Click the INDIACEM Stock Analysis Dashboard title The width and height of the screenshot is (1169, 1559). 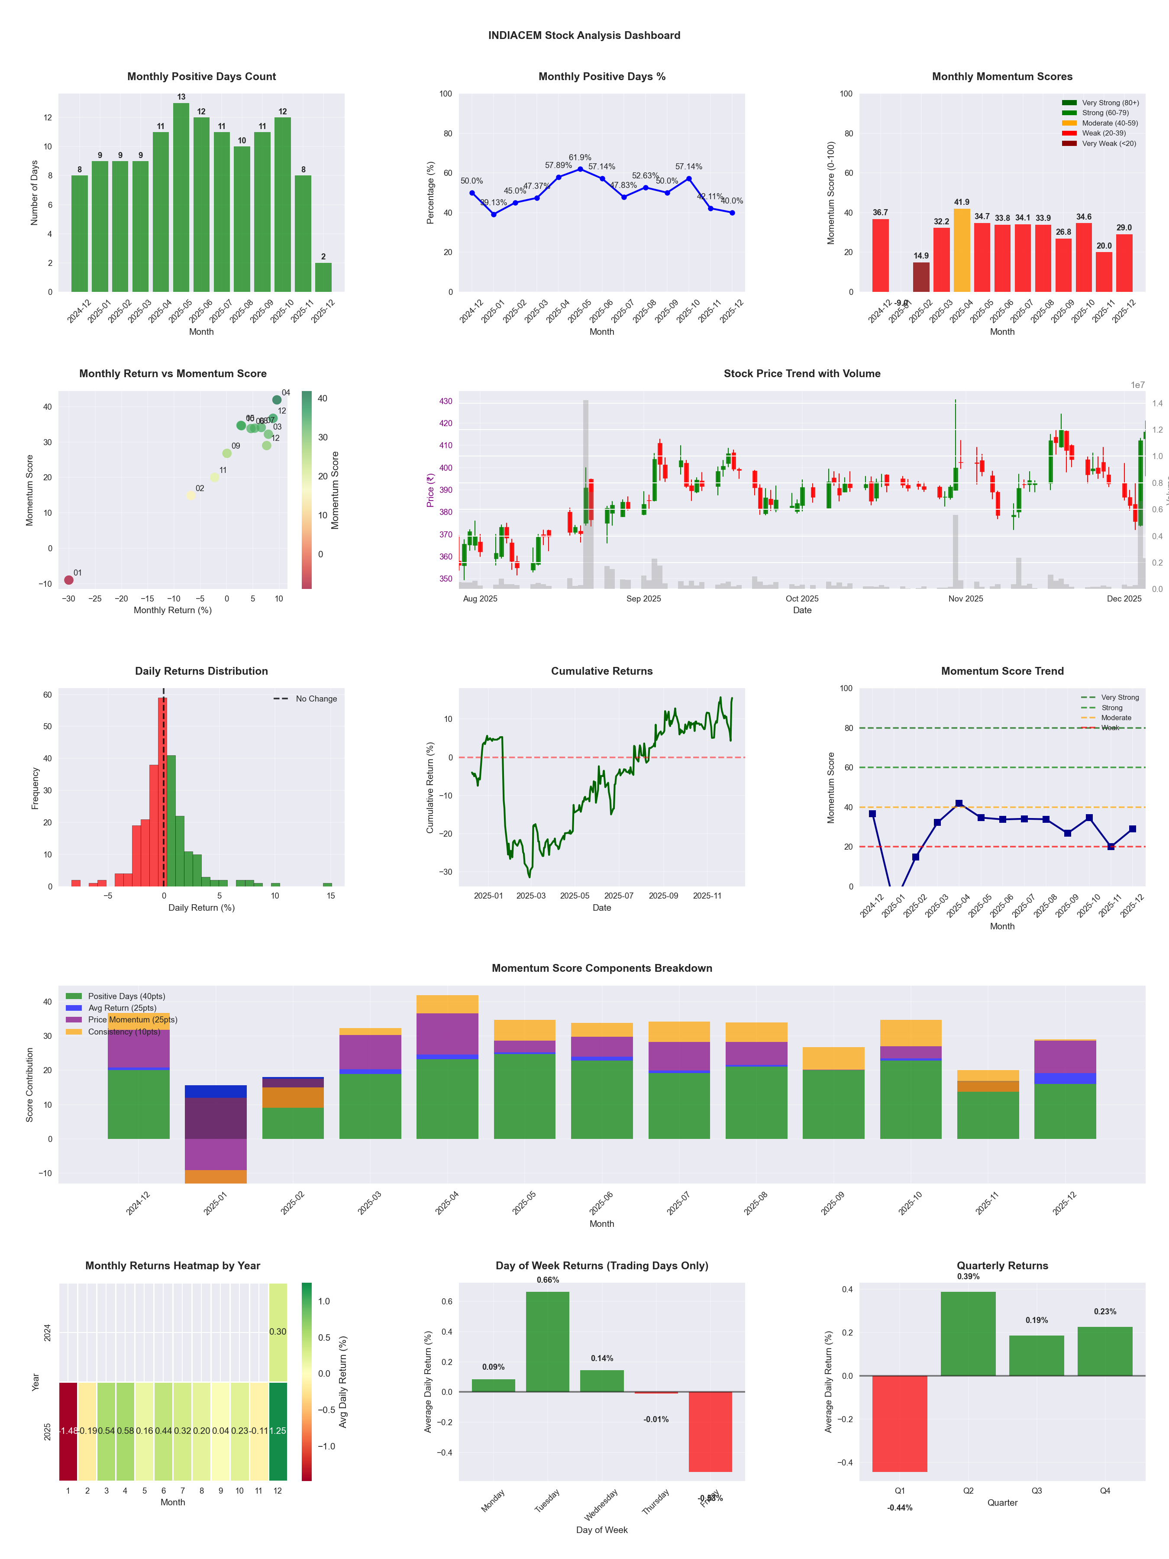click(x=584, y=35)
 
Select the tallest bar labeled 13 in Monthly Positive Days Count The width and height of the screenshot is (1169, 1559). click(x=181, y=197)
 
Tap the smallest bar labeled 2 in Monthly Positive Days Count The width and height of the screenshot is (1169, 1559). click(x=323, y=277)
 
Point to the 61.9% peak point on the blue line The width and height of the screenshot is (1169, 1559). click(x=580, y=169)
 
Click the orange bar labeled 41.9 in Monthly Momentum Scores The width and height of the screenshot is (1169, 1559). click(x=962, y=250)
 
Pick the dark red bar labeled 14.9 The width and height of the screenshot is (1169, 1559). click(x=921, y=277)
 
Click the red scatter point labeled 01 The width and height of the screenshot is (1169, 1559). click(x=69, y=580)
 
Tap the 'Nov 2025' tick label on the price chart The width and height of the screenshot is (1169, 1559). click(x=966, y=599)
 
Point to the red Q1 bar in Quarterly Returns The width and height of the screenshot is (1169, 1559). click(x=900, y=1424)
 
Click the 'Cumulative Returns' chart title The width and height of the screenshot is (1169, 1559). click(x=602, y=671)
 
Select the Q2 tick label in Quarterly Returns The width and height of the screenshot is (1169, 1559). click(x=968, y=1491)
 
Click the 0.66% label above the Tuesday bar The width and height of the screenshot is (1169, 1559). click(x=548, y=1280)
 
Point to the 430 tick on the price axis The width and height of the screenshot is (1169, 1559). click(x=446, y=401)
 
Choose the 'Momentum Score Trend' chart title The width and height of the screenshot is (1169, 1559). click(x=1002, y=671)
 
